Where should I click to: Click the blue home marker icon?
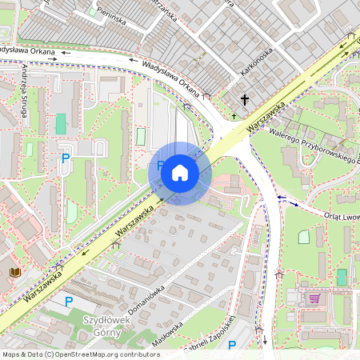click(180, 173)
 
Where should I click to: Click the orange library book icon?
click(14, 273)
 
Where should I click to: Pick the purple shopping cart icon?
click(315, 298)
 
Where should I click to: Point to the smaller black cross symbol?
click(234, 116)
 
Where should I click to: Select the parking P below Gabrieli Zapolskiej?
click(232, 346)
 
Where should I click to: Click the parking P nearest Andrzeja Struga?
click(66, 158)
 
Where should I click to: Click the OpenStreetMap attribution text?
click(81, 354)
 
